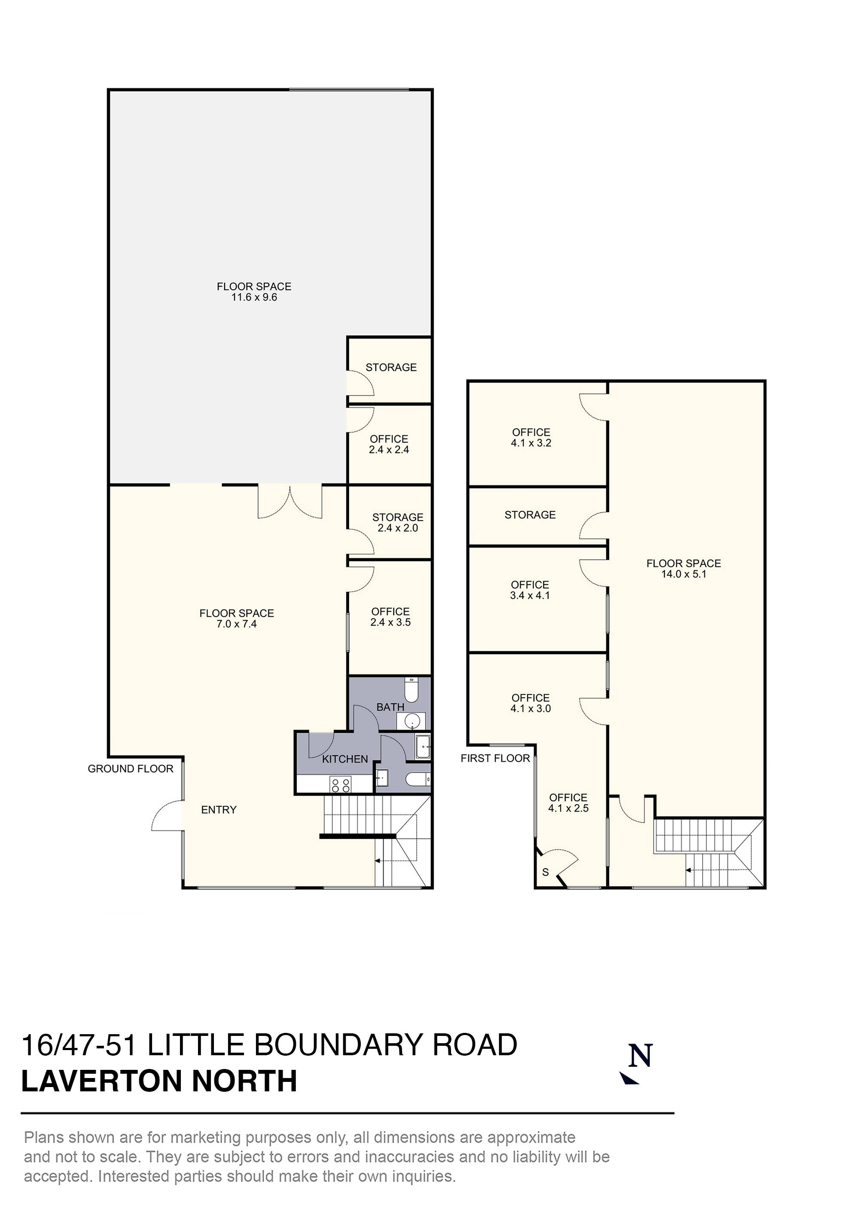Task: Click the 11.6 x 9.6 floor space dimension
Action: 254,297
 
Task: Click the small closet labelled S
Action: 545,872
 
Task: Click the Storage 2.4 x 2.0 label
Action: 397,523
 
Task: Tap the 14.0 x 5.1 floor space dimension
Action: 683,574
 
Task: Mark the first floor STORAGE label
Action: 530,515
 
